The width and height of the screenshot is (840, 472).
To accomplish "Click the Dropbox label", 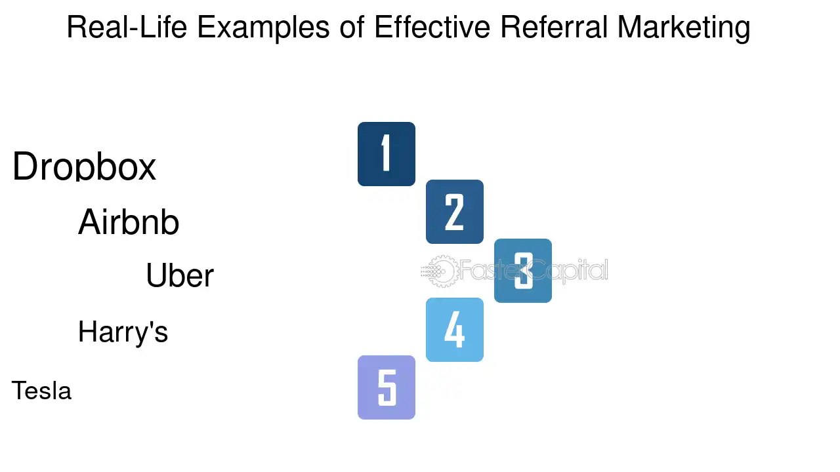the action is [84, 167].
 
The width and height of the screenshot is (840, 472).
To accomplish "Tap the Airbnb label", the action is [129, 222].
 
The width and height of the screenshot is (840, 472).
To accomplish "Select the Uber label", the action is [180, 275].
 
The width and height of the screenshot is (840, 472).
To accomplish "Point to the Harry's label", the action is [123, 332].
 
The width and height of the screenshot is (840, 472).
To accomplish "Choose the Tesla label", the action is [41, 390].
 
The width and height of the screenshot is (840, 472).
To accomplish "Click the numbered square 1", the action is [387, 154].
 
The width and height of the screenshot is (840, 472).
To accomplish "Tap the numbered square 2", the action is [455, 212].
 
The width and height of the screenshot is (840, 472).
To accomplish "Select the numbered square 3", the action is [523, 271].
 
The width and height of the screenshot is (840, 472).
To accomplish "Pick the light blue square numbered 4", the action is [455, 330].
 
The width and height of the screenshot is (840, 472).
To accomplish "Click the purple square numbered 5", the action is [387, 387].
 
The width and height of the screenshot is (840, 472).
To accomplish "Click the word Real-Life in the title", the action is [127, 27].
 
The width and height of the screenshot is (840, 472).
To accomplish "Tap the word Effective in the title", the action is [432, 27].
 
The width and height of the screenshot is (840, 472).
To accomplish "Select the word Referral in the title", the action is [554, 27].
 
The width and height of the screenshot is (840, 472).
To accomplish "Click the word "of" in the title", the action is [352, 27].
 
